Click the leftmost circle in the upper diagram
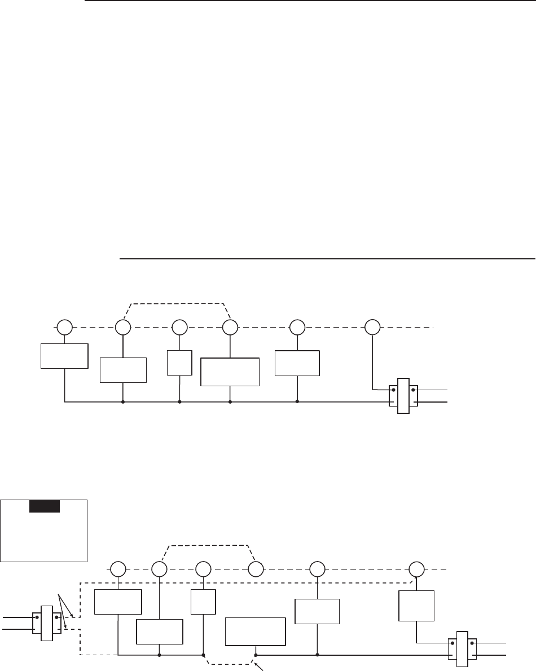[x=64, y=327]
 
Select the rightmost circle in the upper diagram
[x=372, y=327]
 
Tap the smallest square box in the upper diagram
[x=180, y=363]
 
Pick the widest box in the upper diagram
[x=230, y=372]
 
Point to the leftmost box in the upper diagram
[x=64, y=355]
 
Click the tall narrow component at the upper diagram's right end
[x=403, y=395]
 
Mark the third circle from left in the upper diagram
[x=180, y=327]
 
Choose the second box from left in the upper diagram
[x=123, y=370]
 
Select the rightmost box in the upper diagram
[x=297, y=363]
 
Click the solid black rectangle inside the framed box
[x=44, y=506]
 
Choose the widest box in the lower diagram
[x=255, y=631]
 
